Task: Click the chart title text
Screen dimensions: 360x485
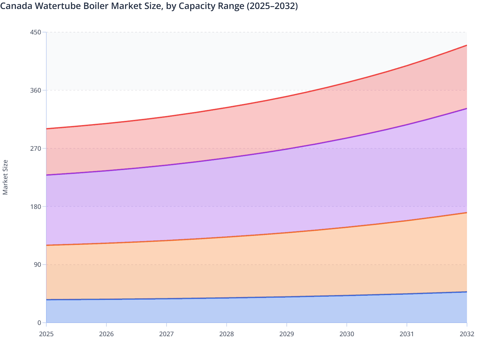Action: (x=149, y=6)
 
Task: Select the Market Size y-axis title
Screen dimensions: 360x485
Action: (x=5, y=177)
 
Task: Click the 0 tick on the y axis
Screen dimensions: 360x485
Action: (x=40, y=323)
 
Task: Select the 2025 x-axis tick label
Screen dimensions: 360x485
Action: (x=46, y=334)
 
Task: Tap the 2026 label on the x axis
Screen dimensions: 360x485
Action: (x=106, y=334)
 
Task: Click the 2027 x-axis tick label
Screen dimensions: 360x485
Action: (x=167, y=334)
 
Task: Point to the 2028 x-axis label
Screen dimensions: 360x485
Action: (x=226, y=334)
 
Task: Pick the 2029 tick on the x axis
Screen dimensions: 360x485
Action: (x=287, y=334)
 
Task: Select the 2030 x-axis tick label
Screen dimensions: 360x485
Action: (x=347, y=334)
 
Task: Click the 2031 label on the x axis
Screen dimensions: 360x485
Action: (x=407, y=334)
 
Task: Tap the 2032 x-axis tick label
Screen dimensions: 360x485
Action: (x=467, y=334)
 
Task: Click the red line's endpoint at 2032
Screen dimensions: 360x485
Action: (x=467, y=45)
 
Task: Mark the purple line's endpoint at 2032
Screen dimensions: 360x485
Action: (x=467, y=109)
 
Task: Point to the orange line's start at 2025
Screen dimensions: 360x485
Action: (x=46, y=245)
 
